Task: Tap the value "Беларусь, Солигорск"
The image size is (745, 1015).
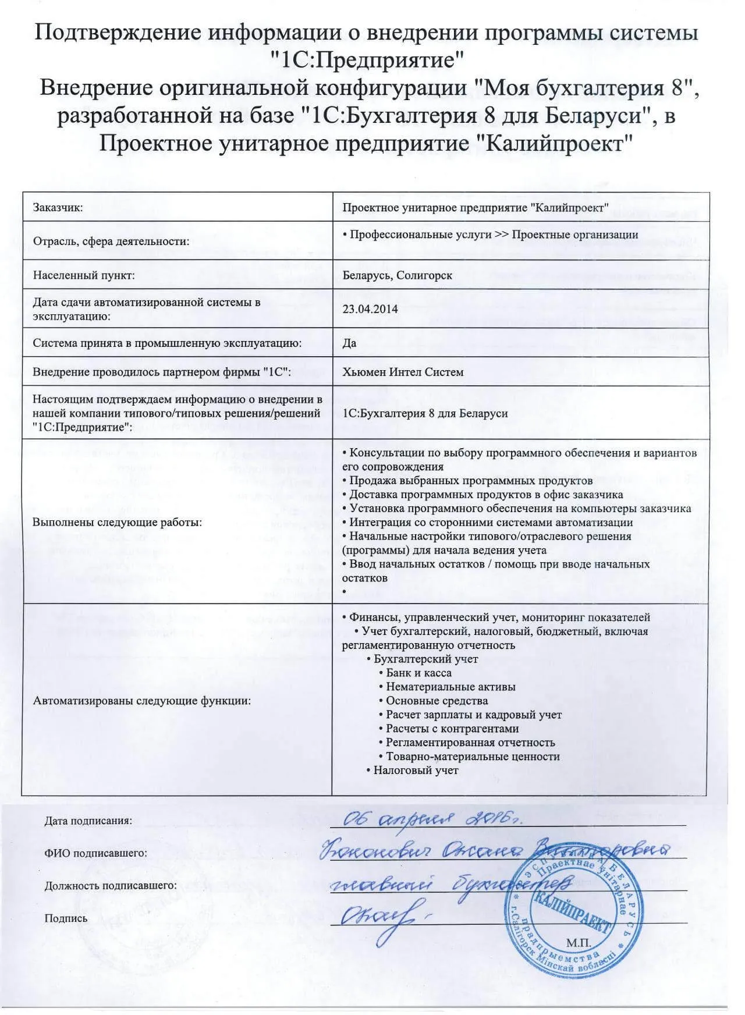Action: (x=397, y=275)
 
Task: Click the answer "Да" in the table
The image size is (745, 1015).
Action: (x=349, y=343)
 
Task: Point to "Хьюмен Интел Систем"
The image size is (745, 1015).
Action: (x=403, y=372)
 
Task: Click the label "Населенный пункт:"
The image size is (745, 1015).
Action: (x=84, y=275)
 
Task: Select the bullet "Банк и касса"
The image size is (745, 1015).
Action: (x=418, y=673)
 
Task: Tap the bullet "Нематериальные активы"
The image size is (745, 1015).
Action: (x=450, y=687)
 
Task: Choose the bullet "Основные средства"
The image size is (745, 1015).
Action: (x=437, y=701)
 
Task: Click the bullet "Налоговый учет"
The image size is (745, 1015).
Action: (x=416, y=770)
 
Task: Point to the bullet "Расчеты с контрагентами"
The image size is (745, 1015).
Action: (x=452, y=729)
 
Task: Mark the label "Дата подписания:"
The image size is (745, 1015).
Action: (x=88, y=821)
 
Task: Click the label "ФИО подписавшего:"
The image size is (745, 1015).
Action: (x=95, y=853)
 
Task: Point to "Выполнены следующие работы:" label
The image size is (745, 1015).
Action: (x=117, y=522)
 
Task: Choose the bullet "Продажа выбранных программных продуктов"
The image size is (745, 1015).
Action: (x=470, y=480)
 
